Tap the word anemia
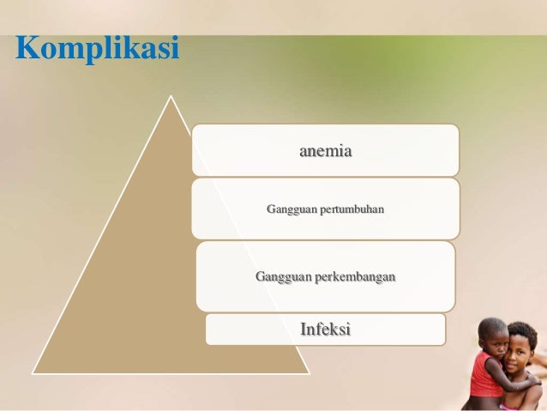pyautogui.click(x=326, y=151)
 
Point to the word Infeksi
pyautogui.click(x=325, y=329)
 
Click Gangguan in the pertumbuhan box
pyautogui.click(x=291, y=209)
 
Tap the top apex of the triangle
pyautogui.click(x=171, y=96)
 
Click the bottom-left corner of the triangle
pyautogui.click(x=34, y=373)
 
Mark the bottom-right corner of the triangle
pyautogui.click(x=309, y=373)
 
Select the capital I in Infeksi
pyautogui.click(x=304, y=329)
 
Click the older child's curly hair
pyautogui.click(x=523, y=329)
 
